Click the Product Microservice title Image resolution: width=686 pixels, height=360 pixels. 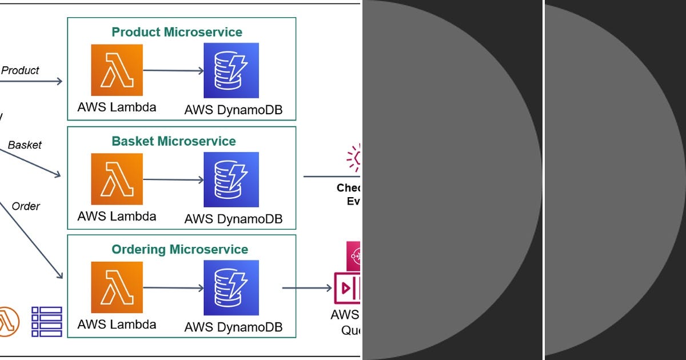point(177,32)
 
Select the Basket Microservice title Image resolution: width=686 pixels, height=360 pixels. point(174,141)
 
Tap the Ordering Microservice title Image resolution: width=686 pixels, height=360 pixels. point(180,250)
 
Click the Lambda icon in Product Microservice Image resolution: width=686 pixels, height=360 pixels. point(117,70)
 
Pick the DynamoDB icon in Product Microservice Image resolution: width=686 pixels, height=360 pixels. point(231,70)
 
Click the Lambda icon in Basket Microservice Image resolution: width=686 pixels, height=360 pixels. point(117,179)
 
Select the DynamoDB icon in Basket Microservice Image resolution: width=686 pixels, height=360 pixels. point(231,179)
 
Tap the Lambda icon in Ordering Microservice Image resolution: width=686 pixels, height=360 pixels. point(117,287)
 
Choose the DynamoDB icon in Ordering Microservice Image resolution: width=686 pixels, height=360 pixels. point(231,287)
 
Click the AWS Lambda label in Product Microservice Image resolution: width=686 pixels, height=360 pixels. point(117,107)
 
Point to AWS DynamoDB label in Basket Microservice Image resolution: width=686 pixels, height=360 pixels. point(233,219)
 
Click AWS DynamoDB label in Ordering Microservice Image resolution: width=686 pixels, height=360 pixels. point(233,327)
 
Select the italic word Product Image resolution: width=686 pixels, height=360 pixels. point(20,71)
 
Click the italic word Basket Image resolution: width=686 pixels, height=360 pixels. point(25,145)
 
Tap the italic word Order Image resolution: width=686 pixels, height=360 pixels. point(26,206)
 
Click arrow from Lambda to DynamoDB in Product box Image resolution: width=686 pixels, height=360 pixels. point(173,71)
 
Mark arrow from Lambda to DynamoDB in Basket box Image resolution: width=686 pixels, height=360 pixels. point(173,179)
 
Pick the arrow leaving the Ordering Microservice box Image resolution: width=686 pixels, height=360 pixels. point(307,288)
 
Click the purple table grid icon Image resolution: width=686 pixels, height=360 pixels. point(46,321)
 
